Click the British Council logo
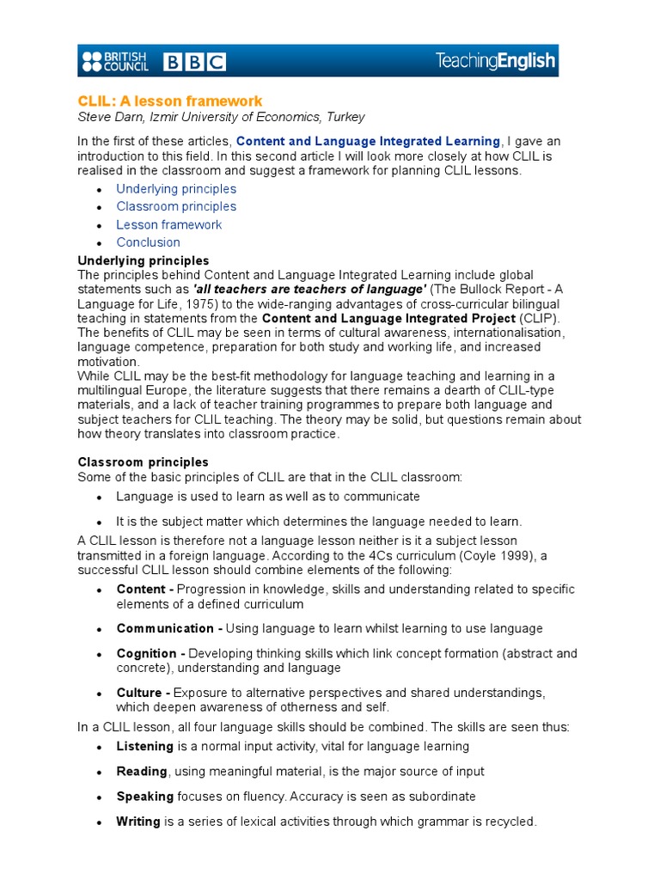coord(114,61)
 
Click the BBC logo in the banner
coord(194,62)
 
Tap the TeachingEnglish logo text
coord(495,61)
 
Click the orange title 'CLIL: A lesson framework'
coord(170,101)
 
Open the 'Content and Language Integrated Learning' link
coord(368,141)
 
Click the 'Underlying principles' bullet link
coord(176,189)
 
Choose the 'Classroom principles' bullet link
coord(176,206)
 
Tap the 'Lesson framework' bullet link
coord(169,224)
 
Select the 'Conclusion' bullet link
coord(149,242)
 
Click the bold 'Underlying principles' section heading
coord(143,260)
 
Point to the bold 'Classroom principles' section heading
coord(143,462)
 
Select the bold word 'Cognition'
coord(147,654)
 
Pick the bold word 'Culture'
coord(140,693)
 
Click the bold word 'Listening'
coord(145,747)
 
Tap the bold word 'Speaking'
coord(145,797)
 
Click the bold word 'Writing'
coord(138,822)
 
